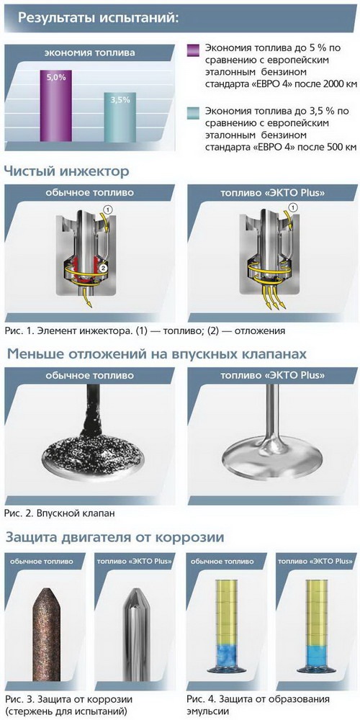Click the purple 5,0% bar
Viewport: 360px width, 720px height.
(x=55, y=106)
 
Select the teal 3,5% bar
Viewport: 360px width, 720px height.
(x=120, y=117)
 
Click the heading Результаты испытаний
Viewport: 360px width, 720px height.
(x=98, y=18)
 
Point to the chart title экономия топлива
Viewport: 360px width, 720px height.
(x=89, y=53)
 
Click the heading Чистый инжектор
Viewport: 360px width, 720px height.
(x=66, y=172)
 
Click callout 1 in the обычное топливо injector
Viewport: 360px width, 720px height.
(x=108, y=209)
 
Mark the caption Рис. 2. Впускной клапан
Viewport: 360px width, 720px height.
(x=60, y=513)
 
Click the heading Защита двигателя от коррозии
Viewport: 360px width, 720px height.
(x=114, y=537)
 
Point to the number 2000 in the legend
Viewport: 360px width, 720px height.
(x=328, y=84)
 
